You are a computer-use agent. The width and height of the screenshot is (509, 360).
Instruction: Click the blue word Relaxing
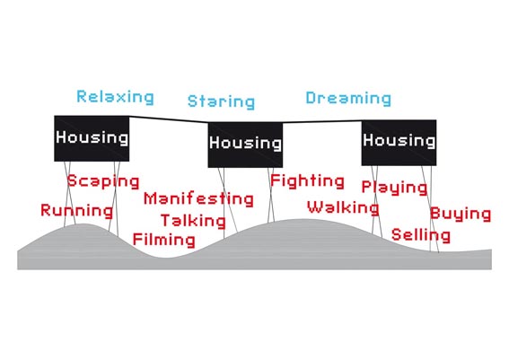pos(115,97)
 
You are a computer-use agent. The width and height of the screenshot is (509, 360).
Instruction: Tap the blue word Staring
pos(222,101)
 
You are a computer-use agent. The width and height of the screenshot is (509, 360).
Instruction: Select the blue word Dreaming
pos(348,99)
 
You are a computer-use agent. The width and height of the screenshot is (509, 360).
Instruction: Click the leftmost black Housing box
pos(92,138)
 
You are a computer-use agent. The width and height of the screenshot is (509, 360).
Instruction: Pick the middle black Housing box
pos(245,145)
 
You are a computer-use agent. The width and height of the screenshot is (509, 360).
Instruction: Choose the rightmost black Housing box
pos(399,143)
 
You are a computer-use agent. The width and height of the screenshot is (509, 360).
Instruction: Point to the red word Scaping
pos(103,181)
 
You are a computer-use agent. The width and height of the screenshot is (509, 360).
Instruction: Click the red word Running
pos(77,210)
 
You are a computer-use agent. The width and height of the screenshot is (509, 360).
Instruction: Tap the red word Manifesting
pos(198,199)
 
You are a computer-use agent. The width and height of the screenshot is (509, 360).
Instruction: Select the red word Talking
pos(194,221)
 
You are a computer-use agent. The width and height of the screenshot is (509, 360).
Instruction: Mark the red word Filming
pos(164,240)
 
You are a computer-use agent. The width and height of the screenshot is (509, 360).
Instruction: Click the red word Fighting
pos(307,181)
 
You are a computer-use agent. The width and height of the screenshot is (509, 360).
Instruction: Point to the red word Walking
pos(343,207)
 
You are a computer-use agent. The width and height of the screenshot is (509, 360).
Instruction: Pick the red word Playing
pos(394,188)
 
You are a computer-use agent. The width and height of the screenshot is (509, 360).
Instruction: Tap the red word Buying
pos(461,215)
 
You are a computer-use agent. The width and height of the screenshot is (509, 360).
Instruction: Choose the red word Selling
pos(421,235)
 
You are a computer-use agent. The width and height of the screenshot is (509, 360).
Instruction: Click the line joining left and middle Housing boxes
pos(169,119)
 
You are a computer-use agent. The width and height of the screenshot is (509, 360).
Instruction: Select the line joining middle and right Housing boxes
pos(322,122)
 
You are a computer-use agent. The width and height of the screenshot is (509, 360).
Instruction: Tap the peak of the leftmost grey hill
pos(83,224)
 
